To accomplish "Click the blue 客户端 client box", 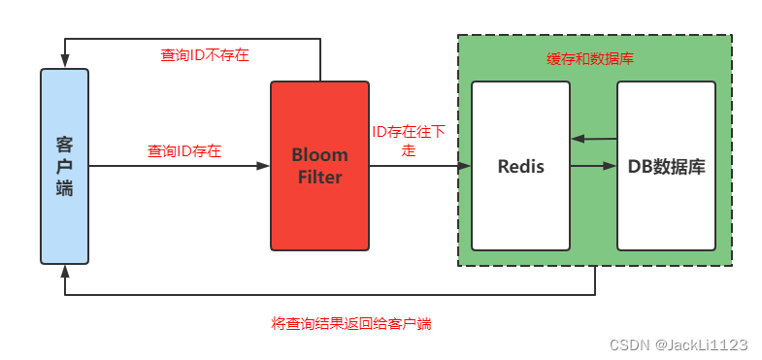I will [x=64, y=166].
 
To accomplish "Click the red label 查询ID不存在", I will [x=205, y=55].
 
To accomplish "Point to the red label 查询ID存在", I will [x=184, y=151].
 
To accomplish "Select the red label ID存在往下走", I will [x=409, y=141].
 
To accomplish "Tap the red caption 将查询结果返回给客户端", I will [x=350, y=323].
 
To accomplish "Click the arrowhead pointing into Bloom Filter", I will [x=263, y=166].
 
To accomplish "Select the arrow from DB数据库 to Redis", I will [x=594, y=140].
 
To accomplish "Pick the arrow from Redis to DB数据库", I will [x=594, y=166].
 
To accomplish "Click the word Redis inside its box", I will [x=520, y=166].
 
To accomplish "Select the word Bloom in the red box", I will [x=319, y=155].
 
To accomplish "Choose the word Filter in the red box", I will [x=319, y=177].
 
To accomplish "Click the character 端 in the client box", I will [x=64, y=188].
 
